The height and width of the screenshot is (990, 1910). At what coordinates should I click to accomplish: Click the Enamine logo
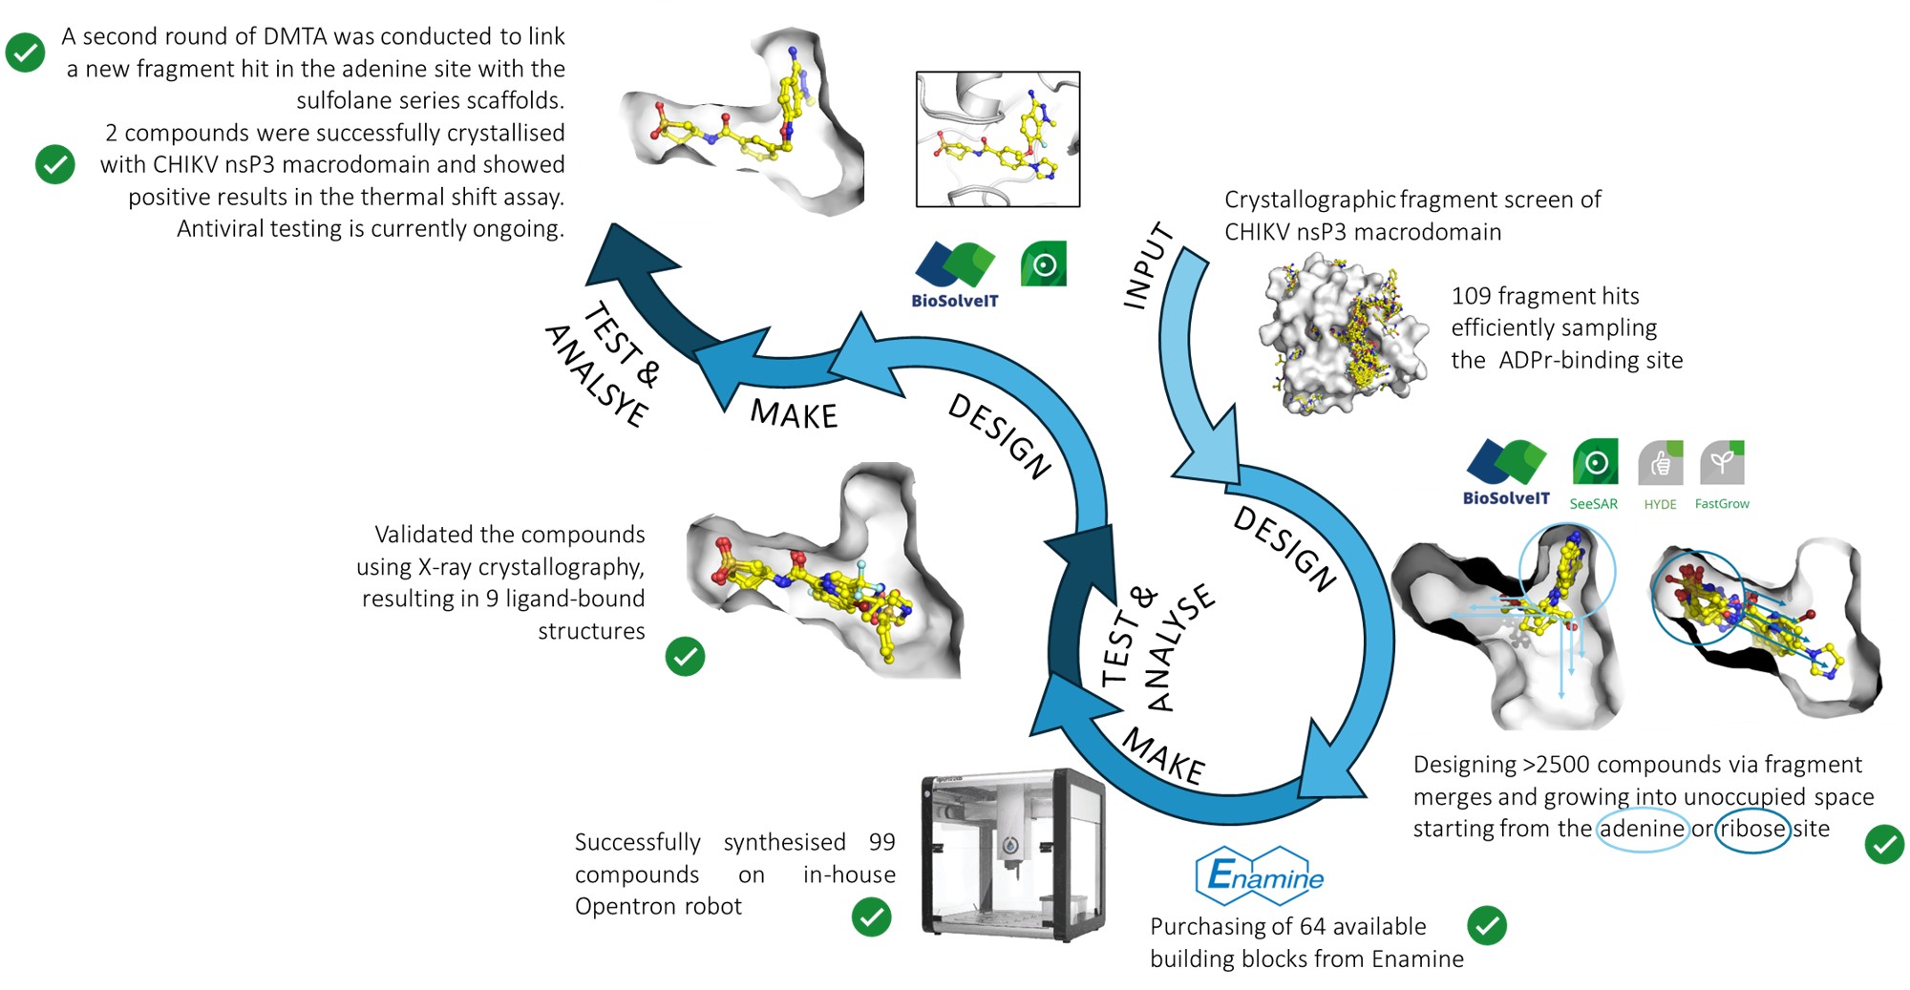click(x=1260, y=874)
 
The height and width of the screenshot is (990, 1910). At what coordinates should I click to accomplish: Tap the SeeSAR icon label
click(x=1593, y=504)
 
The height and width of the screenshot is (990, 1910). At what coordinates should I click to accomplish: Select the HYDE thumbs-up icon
click(x=1660, y=464)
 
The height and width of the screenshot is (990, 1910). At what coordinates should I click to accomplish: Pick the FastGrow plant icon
click(x=1722, y=463)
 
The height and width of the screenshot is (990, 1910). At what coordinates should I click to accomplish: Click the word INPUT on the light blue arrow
click(x=1148, y=266)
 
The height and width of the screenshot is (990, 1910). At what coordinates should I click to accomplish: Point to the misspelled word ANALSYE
click(x=597, y=376)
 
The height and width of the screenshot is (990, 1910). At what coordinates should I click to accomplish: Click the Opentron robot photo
click(x=1012, y=853)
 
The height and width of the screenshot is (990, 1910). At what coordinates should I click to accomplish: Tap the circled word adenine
click(x=1642, y=829)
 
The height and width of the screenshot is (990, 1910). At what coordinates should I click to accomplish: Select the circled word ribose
click(x=1752, y=829)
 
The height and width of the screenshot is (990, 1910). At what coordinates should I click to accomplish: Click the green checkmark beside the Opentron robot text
click(x=871, y=917)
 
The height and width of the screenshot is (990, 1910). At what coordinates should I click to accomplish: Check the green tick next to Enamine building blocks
click(x=1486, y=925)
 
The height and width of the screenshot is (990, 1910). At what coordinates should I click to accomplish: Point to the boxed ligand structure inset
click(x=998, y=139)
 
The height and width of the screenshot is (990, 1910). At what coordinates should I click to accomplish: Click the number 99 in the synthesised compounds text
click(x=881, y=842)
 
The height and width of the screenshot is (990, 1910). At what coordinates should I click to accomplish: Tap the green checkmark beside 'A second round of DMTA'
click(x=26, y=53)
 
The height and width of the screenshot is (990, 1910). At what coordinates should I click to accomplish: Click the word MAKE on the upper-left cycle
click(x=794, y=415)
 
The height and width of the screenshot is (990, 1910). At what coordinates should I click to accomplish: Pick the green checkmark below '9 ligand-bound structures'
click(x=685, y=657)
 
